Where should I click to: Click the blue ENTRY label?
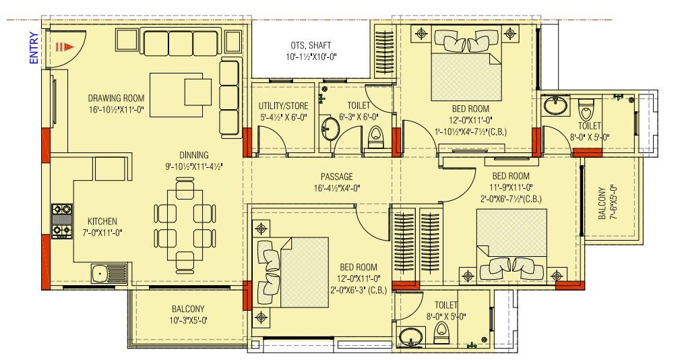[33, 49]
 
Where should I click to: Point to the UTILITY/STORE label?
[283, 106]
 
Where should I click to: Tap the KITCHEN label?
[102, 221]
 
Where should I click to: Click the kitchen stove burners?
[61, 222]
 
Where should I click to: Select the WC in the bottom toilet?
[442, 330]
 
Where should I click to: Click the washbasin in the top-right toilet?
[556, 107]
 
